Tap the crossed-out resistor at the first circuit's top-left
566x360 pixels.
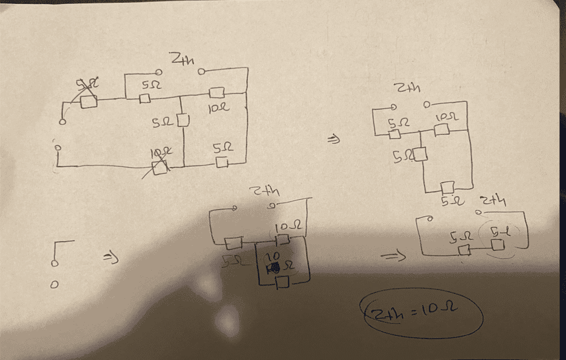pos(88,101)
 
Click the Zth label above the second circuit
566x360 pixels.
pos(409,88)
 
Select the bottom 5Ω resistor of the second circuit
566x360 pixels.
pos(448,187)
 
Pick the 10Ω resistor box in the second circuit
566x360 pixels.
pos(442,130)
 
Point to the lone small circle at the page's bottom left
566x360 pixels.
pos(54,285)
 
